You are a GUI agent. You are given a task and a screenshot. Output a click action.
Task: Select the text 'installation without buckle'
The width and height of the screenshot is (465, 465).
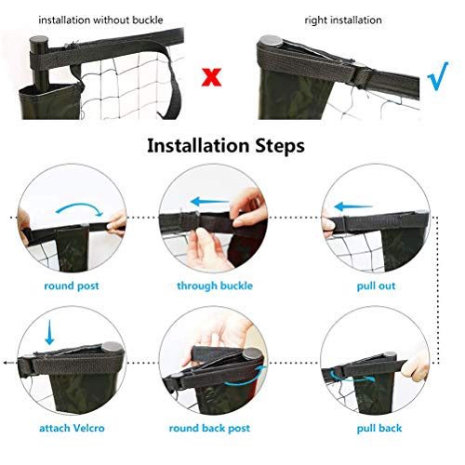coord(100,19)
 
